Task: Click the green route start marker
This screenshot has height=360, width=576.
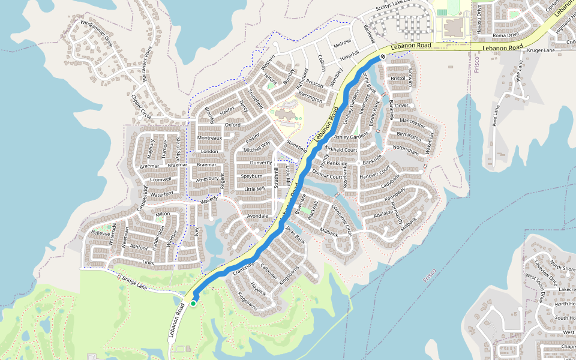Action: (193, 304)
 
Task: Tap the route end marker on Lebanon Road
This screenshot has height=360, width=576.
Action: (382, 58)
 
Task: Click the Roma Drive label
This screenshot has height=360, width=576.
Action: (505, 35)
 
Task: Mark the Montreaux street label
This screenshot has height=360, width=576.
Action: (210, 137)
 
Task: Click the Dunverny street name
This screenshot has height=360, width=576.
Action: (261, 163)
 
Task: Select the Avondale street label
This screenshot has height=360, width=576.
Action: (257, 215)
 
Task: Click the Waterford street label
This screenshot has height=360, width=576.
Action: (161, 193)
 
